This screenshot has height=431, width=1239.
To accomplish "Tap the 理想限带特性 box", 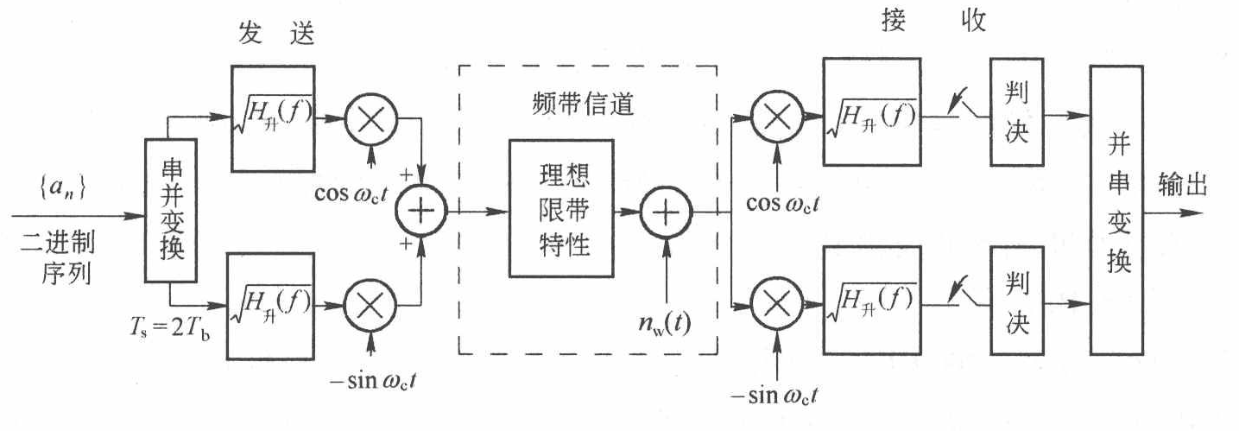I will click(x=560, y=208).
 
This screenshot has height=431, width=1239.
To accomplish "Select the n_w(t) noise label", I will click(x=665, y=326).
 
